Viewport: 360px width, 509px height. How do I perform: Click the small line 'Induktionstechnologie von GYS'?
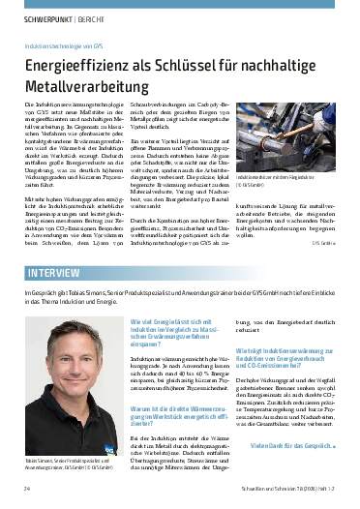pyautogui.click(x=64, y=45)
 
